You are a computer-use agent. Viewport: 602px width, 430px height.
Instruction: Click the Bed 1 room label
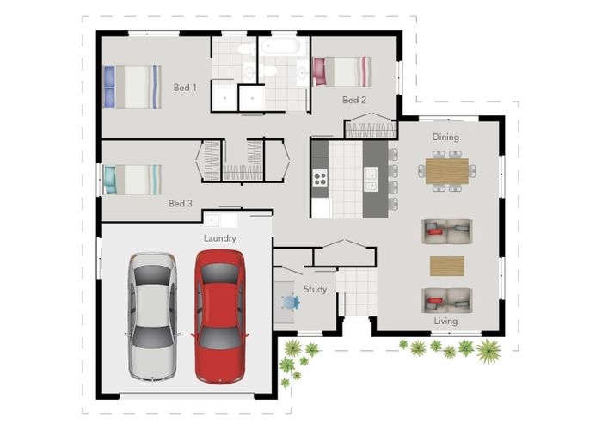185,88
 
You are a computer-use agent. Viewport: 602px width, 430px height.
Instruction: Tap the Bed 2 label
354,100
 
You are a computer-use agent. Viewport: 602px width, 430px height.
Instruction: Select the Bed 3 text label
181,203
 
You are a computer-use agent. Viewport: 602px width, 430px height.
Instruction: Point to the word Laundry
219,238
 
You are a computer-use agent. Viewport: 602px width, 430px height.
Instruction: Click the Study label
316,289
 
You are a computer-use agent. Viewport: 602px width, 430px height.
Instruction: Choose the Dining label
445,137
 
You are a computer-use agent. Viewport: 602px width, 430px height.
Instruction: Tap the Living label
445,321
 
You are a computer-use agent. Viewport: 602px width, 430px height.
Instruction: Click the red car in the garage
220,316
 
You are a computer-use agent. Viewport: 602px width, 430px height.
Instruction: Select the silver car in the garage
152,316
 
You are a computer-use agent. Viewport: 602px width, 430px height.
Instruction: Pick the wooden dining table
447,171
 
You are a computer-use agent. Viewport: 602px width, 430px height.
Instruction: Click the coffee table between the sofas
447,266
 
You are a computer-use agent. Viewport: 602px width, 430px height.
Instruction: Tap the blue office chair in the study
291,302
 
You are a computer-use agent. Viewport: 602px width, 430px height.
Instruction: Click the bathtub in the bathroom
280,46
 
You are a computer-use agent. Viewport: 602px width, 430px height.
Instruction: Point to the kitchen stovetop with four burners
320,178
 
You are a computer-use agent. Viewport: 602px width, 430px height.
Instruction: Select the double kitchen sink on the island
371,179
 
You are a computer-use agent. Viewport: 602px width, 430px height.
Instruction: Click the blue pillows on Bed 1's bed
109,87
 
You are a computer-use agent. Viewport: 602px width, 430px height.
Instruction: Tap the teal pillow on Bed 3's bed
110,179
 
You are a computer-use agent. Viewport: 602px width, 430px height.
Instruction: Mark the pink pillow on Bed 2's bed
320,71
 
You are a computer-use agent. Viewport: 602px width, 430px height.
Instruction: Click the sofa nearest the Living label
447,300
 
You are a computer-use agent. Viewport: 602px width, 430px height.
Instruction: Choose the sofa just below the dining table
447,231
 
